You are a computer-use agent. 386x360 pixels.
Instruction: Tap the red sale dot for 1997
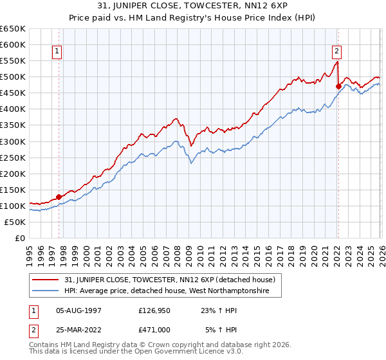pyautogui.click(x=59, y=197)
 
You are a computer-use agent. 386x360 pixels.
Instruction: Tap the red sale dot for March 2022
pyautogui.click(x=338, y=85)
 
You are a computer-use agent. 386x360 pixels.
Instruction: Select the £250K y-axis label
pyautogui.click(x=13, y=157)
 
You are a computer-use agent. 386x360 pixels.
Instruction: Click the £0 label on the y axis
pyautogui.click(x=19, y=238)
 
